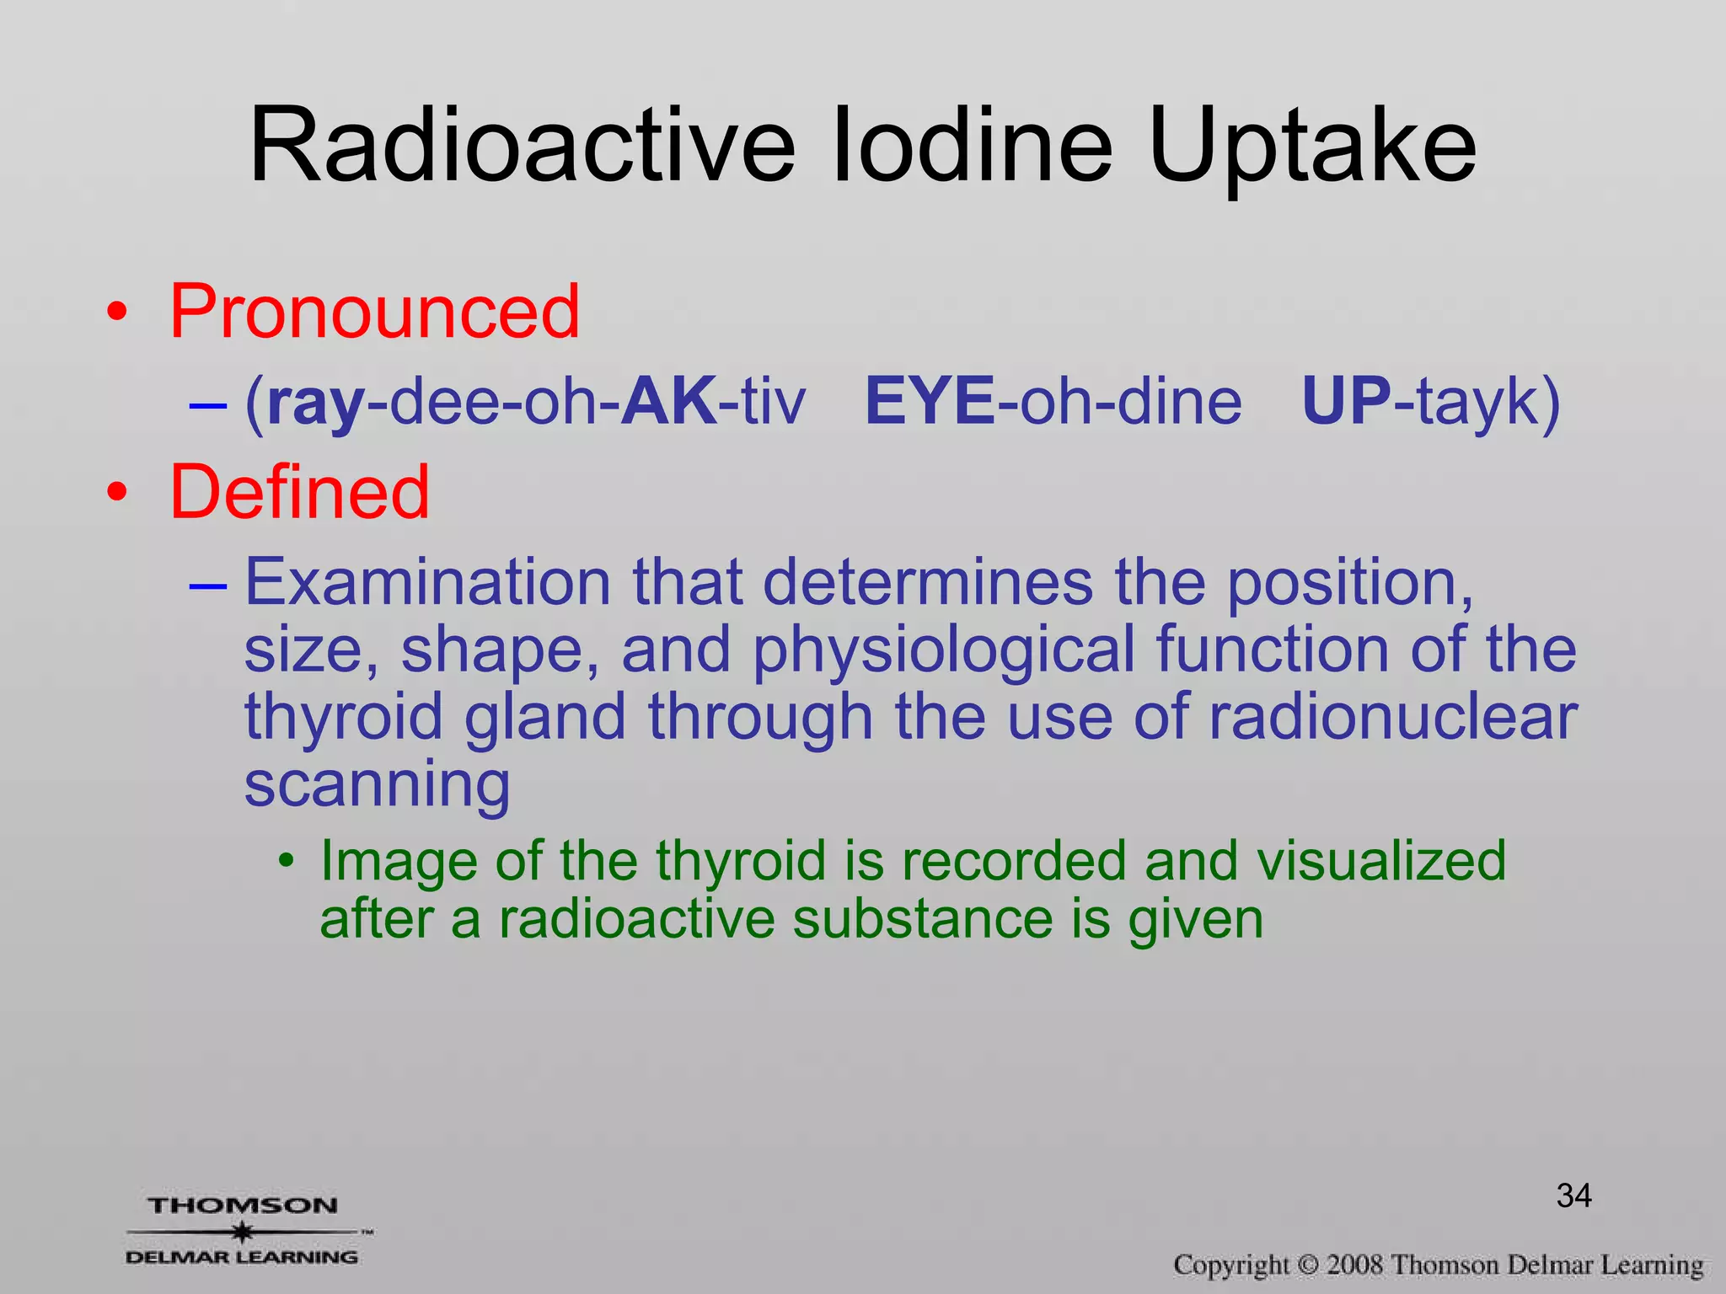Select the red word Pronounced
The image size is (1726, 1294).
[375, 312]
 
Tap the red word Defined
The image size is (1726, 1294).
[299, 492]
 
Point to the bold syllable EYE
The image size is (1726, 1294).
[930, 401]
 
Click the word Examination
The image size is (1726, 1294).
[427, 582]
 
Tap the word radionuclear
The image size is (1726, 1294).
[1393, 717]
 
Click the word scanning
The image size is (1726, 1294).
[377, 784]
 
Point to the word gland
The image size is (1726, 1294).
[545, 717]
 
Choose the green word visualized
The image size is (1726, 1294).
[1380, 861]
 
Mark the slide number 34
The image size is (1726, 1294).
[1573, 1195]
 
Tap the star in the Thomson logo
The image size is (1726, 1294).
[243, 1232]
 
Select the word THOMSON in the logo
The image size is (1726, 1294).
[243, 1206]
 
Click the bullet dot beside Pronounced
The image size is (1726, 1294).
[117, 313]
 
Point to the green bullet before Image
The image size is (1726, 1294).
[287, 862]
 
